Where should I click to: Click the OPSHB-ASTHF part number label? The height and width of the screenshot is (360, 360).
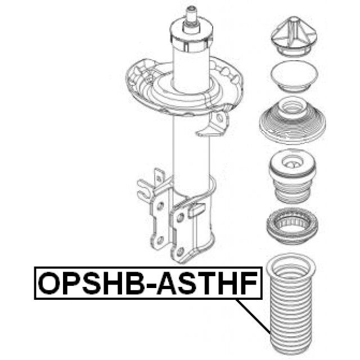(x=148, y=283)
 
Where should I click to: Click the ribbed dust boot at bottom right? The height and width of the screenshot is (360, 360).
(x=291, y=305)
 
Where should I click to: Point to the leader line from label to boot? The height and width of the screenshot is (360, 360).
(x=253, y=316)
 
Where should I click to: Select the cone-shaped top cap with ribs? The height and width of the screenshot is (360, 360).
(x=294, y=35)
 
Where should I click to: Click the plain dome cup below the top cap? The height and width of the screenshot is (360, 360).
(x=294, y=76)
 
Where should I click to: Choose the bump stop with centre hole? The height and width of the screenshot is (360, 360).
(x=292, y=176)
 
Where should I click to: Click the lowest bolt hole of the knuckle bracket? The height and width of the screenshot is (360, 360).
(x=181, y=251)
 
